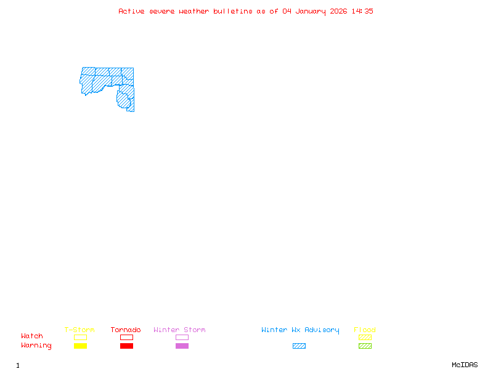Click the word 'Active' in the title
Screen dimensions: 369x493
tap(132, 11)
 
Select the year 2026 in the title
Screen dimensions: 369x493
tap(339, 11)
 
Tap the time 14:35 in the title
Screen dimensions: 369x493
tap(362, 11)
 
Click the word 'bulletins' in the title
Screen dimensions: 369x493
tap(233, 11)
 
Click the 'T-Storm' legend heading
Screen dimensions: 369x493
tap(79, 330)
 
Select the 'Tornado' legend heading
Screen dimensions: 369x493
tap(126, 330)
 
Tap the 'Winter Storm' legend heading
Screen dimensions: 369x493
tap(179, 330)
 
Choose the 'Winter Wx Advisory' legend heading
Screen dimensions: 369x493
tap(300, 330)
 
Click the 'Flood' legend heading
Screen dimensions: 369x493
tap(365, 330)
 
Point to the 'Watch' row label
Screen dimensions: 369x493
tap(32, 336)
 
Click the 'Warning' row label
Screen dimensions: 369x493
tap(36, 346)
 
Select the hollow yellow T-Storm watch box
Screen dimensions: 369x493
tap(80, 337)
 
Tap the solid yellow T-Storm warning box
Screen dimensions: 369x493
tap(80, 346)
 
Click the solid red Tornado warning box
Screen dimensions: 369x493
tap(126, 346)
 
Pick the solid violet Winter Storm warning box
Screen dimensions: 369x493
tap(182, 346)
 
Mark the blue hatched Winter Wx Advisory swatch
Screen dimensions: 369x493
tap(299, 346)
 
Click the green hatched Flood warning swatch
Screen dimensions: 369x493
tap(365, 346)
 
